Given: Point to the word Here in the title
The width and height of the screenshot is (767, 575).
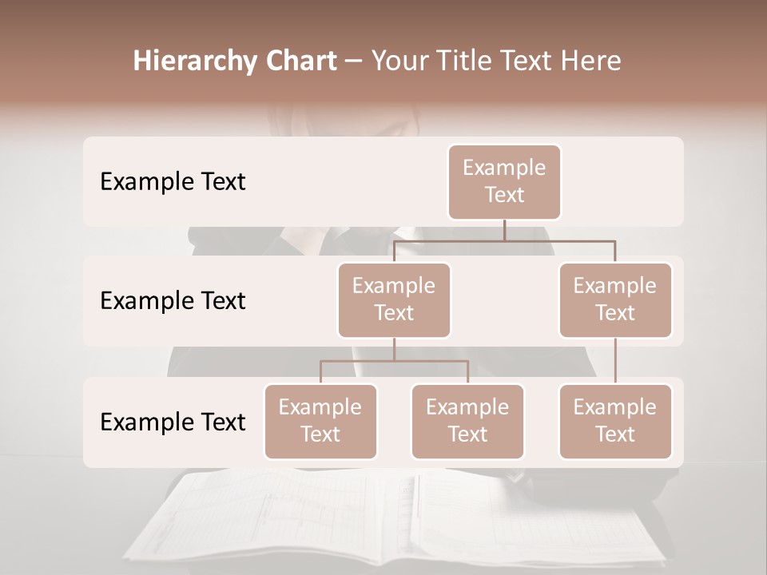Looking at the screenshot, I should click(x=593, y=61).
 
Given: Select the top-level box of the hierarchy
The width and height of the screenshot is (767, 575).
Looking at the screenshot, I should click(x=504, y=182).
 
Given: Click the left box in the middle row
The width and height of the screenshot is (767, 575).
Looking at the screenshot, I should click(x=394, y=300).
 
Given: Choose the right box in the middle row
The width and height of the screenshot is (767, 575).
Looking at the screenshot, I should click(x=615, y=300).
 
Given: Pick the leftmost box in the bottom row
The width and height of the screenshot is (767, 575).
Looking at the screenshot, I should click(x=320, y=422).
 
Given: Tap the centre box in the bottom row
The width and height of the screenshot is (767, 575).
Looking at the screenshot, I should click(x=467, y=422).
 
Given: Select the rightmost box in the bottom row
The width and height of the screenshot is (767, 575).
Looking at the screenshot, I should click(x=615, y=422).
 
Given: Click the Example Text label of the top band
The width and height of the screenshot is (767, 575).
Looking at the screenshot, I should click(x=173, y=182).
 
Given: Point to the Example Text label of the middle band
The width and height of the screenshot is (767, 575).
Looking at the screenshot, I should click(x=173, y=301).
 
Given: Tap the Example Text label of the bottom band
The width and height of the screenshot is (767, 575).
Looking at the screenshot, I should click(x=173, y=422).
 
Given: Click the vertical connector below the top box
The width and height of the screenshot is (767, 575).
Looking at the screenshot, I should click(x=504, y=230).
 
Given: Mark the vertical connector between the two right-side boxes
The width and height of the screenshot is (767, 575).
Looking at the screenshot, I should click(x=615, y=361).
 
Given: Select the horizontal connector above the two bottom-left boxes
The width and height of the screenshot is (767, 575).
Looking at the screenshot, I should click(x=394, y=361).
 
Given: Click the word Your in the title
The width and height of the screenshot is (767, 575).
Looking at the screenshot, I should click(x=398, y=61).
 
